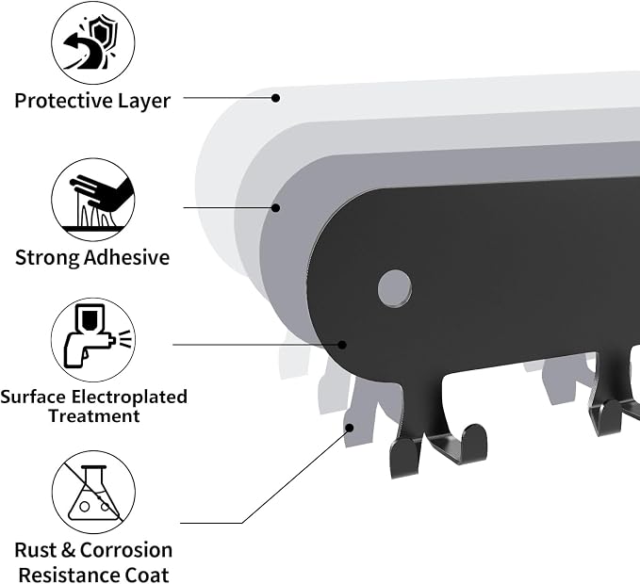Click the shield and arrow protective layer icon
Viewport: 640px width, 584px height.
point(93,42)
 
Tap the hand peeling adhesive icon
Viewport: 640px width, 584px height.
point(93,200)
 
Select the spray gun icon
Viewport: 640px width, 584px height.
point(93,339)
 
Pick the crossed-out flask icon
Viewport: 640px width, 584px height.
point(93,493)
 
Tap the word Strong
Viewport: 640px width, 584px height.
point(47,258)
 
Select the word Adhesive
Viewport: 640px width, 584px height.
point(127,257)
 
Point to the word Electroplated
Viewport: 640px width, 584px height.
point(129,397)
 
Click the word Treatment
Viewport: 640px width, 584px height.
point(94,416)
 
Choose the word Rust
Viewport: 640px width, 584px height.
point(36,550)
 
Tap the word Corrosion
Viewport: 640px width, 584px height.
point(126,550)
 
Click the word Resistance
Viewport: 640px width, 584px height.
point(69,575)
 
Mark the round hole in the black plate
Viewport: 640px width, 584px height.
point(395,288)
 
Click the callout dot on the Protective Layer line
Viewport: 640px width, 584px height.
point(276,98)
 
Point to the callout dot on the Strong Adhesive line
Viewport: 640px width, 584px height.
point(276,208)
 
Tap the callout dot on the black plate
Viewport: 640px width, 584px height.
point(342,345)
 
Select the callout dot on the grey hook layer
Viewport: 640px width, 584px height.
point(350,428)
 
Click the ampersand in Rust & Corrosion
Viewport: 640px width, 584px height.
point(69,550)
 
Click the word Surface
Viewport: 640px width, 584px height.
point(33,397)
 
